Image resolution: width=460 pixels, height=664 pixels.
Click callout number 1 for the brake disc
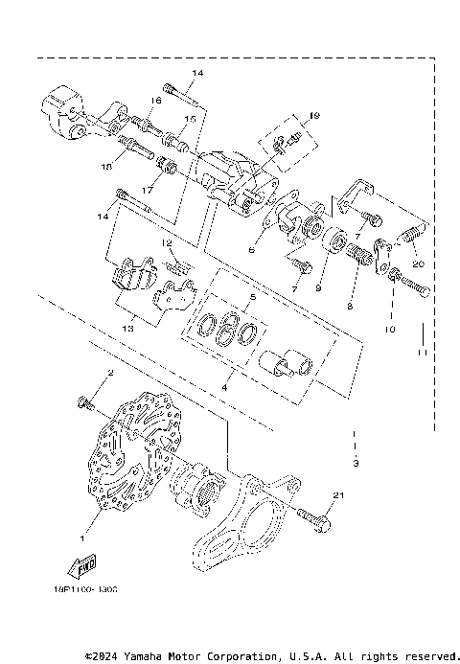pos(82,525)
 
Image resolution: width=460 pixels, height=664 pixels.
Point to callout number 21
pos(338,495)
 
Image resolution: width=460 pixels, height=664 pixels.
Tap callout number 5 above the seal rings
pos(253,298)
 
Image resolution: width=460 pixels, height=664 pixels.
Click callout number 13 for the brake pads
pos(127,326)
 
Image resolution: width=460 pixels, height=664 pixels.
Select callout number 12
pos(167,244)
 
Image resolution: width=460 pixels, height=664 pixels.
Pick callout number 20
pos(417,263)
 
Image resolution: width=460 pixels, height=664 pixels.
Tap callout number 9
pos(319,286)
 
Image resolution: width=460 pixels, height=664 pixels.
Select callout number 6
pos(252,249)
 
